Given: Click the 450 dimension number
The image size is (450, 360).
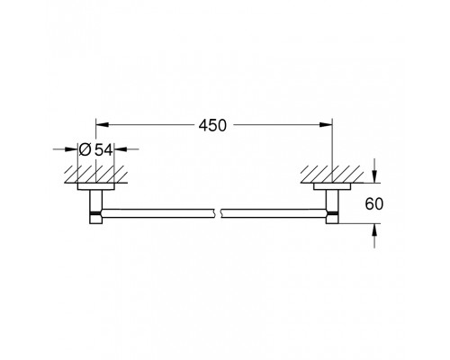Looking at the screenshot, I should pyautogui.click(x=214, y=127).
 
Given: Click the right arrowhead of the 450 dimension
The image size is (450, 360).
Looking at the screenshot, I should pyautogui.click(x=328, y=127).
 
